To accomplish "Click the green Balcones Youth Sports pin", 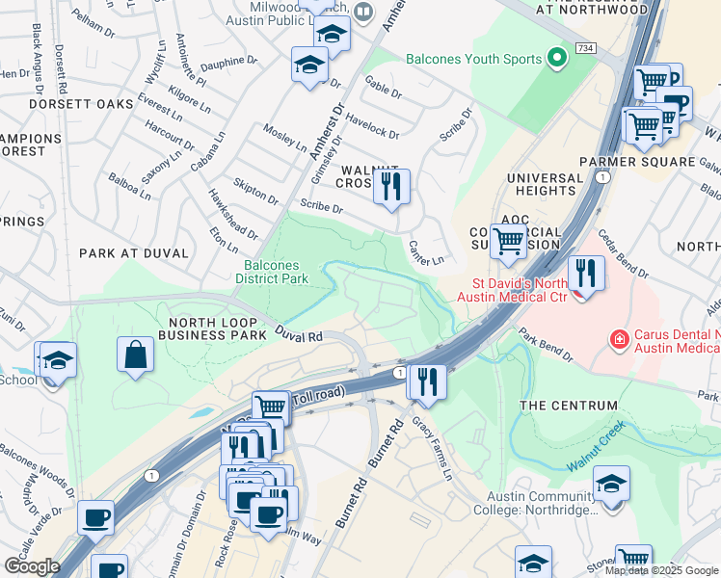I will [556, 60].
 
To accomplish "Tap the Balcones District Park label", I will [272, 273].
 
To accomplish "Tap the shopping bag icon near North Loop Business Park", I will [136, 354].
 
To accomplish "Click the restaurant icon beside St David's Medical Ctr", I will [586, 273].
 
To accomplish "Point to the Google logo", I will [32, 565].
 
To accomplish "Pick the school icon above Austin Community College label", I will [611, 484].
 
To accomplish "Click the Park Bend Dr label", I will [545, 344].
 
